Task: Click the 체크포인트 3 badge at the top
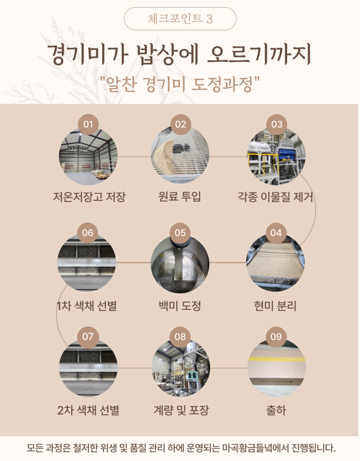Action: coord(180,19)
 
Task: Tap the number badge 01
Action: coord(88,124)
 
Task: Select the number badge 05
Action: coord(180,233)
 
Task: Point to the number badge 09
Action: coord(276,337)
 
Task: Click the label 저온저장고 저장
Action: coord(89,197)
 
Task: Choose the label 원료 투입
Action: coord(180,196)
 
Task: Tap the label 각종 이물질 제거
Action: coord(275,197)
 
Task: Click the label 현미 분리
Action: coord(275,306)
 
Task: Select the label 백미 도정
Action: coord(180,306)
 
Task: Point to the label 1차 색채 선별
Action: coord(87,306)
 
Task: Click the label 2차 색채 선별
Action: coord(88,410)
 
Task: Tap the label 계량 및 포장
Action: coord(181,410)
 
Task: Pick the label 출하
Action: coord(276,410)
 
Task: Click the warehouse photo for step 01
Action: coord(88,156)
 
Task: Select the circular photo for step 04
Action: coord(275,263)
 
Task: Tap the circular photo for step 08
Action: coord(181,368)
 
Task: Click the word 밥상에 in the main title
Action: coord(167,55)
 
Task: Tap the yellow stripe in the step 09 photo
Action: coord(276,359)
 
